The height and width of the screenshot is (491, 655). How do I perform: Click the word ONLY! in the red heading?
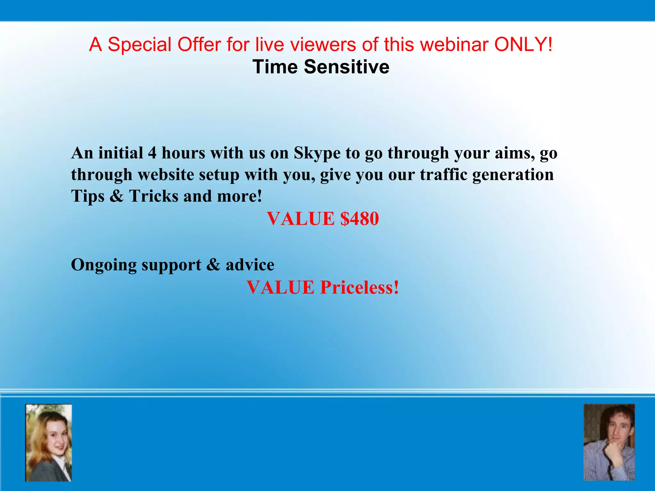(523, 44)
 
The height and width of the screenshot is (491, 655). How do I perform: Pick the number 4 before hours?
(152, 153)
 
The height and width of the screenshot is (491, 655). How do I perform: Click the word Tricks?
(154, 196)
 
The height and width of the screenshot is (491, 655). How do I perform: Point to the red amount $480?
(359, 219)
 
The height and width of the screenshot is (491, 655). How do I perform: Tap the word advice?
(250, 265)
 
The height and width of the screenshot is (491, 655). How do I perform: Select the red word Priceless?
(359, 287)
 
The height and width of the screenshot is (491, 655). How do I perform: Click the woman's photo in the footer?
(49, 443)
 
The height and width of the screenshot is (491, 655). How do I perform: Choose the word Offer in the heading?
(199, 44)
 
